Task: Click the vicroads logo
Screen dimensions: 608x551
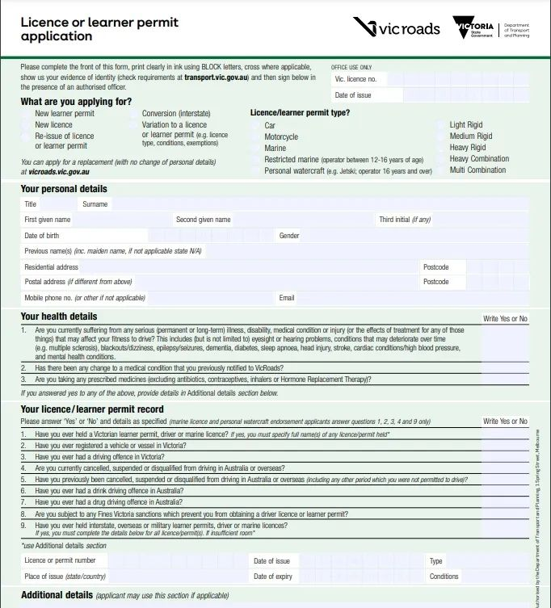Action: click(x=396, y=27)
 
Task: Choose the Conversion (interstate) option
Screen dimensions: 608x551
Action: click(x=134, y=115)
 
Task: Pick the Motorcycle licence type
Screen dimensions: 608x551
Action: click(x=257, y=137)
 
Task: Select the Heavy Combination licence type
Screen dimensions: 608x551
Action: click(x=442, y=159)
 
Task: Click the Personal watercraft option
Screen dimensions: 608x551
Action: click(x=257, y=171)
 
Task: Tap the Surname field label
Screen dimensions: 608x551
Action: click(x=95, y=204)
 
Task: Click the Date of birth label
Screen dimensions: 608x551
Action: click(x=41, y=236)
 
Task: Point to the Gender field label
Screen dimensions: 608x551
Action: click(x=289, y=236)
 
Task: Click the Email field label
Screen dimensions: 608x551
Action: click(x=287, y=298)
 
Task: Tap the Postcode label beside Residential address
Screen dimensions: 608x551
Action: click(x=435, y=267)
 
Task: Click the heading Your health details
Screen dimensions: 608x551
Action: click(x=59, y=317)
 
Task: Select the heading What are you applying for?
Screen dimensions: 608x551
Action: click(x=76, y=102)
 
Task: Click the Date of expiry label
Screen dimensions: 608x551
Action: click(x=272, y=577)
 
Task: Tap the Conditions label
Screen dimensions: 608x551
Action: click(x=444, y=577)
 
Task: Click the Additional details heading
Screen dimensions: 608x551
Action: click(x=57, y=595)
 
